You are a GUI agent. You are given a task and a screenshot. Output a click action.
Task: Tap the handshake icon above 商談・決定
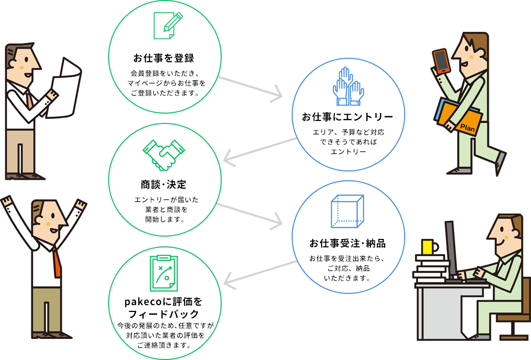point(163,154)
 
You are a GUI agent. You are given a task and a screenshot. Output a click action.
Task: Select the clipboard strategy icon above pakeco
point(164,273)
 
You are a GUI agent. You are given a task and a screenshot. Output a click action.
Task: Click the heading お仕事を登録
point(163,58)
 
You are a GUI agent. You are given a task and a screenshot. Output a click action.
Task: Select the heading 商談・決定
point(163,185)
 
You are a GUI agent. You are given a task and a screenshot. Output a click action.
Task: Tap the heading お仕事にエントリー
point(347,117)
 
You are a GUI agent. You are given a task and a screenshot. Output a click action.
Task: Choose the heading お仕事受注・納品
point(347,243)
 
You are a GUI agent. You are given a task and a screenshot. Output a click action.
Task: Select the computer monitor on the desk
point(451,248)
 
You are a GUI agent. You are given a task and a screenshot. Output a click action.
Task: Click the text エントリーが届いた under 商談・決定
point(163,200)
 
